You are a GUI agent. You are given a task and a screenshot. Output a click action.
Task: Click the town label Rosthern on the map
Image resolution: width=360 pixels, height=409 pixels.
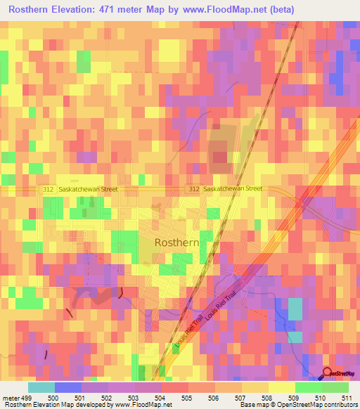[x=177, y=242]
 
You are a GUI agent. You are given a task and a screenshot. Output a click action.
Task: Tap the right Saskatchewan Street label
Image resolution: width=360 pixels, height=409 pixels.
[x=233, y=188]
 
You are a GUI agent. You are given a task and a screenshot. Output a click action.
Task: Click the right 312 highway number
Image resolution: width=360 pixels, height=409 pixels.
[x=194, y=188]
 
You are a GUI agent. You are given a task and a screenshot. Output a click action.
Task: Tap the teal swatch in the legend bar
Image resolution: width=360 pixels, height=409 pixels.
[x=41, y=387]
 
